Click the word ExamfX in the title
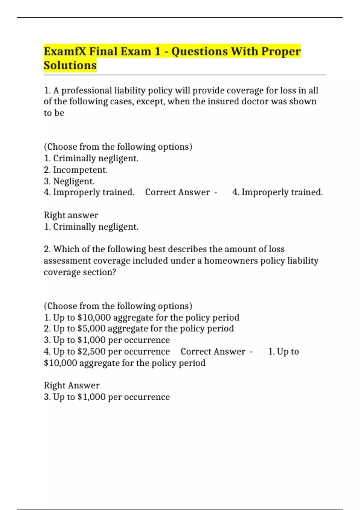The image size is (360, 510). [65, 52]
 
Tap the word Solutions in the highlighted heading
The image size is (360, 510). [70, 65]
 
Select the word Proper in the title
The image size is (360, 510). [281, 52]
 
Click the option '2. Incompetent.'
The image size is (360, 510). [76, 170]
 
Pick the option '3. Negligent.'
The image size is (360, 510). [69, 181]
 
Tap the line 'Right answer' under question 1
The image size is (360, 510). [71, 215]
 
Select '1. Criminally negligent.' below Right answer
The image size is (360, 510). [91, 227]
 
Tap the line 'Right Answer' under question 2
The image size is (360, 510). [71, 385]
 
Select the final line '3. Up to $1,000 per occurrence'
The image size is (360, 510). [106, 397]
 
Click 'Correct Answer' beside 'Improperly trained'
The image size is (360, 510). [177, 192]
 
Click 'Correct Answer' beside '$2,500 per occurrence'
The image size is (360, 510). [213, 351]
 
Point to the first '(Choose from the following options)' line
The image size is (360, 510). [118, 147]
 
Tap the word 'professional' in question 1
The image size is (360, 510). [86, 90]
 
